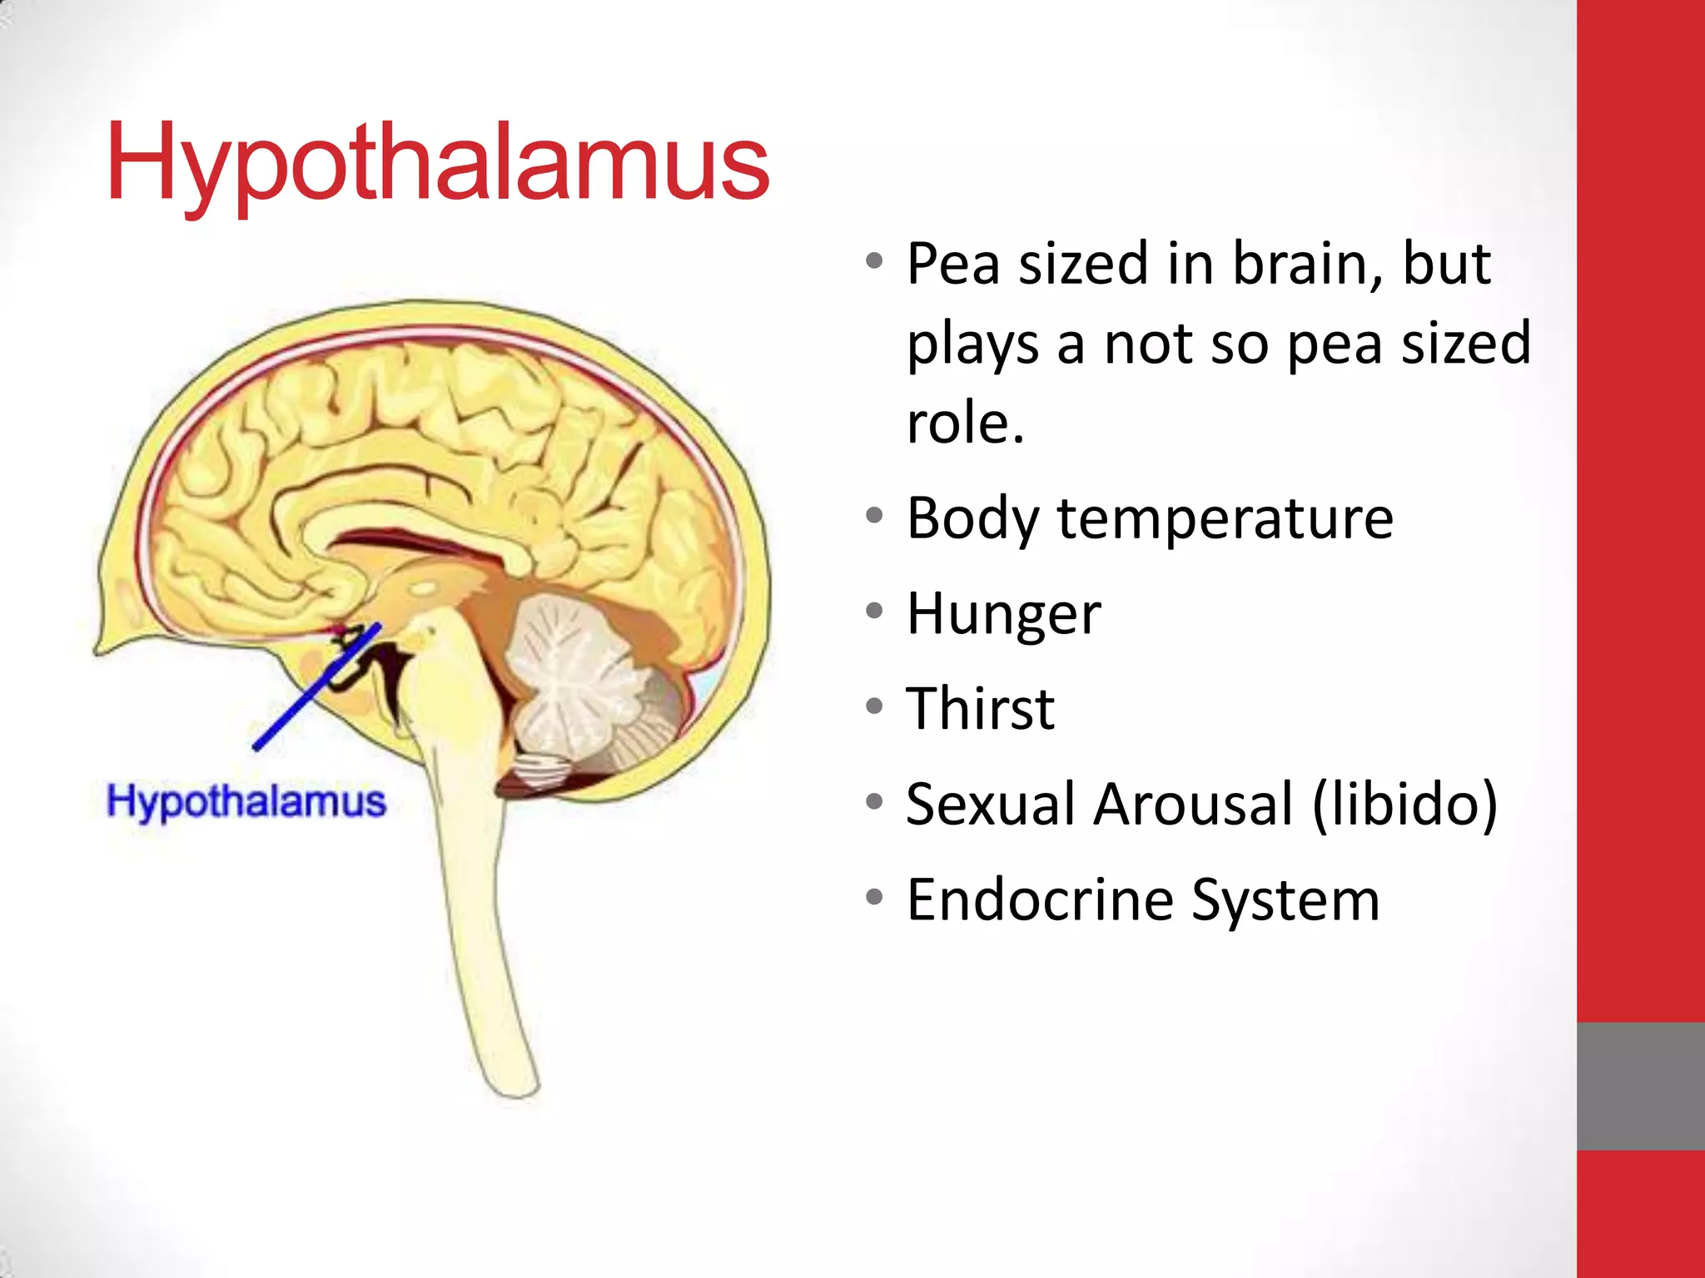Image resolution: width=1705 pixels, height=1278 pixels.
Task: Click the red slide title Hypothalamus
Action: (438, 162)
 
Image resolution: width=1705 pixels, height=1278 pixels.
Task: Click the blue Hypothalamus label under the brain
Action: (246, 801)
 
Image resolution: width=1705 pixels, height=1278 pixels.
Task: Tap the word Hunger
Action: (1003, 614)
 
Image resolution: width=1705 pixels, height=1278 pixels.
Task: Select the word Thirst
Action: (980, 709)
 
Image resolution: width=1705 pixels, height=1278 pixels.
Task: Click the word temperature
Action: (1225, 518)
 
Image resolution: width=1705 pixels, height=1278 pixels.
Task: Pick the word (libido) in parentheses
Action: (1404, 805)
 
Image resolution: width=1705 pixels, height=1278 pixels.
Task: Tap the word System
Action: (1285, 901)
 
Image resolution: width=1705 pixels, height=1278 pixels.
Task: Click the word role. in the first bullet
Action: (965, 423)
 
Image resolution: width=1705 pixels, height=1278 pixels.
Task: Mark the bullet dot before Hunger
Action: (874, 612)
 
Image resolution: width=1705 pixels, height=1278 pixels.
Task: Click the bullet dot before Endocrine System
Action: (874, 898)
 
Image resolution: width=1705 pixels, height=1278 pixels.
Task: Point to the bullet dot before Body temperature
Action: (874, 516)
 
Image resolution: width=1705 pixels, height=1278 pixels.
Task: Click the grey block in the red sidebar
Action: (1640, 1086)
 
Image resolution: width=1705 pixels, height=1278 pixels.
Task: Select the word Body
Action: (972, 518)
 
